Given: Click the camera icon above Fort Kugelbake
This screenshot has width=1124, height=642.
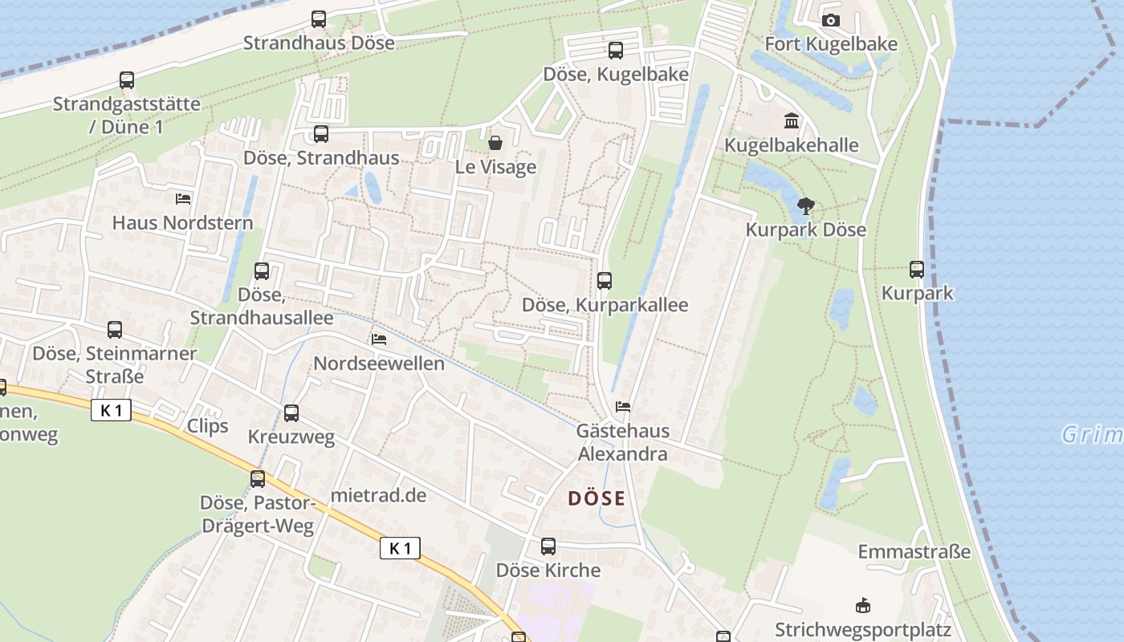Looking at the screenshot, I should (x=831, y=21).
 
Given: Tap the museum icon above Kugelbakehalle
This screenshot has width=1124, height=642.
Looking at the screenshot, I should (x=792, y=121).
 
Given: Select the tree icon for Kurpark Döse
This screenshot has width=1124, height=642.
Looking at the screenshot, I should (x=805, y=206).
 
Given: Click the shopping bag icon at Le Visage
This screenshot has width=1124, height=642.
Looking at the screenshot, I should (x=495, y=144).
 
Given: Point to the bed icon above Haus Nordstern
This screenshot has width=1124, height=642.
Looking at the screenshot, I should (x=183, y=198).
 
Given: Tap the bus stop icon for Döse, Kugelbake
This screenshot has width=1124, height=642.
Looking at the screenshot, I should (x=616, y=51).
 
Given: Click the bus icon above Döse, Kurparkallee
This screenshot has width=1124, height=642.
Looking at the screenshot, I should (x=605, y=281).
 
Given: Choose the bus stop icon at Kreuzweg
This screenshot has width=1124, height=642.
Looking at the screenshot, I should (x=291, y=413).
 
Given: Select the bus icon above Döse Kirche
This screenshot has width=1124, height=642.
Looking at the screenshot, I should (x=548, y=547).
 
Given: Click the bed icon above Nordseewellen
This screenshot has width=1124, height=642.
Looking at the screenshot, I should (x=379, y=339).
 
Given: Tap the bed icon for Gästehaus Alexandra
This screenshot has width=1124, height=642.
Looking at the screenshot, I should (x=623, y=407).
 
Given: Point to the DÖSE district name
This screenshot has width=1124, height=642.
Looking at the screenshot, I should (x=597, y=498).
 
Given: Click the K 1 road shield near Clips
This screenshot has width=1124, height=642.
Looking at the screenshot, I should (x=111, y=411).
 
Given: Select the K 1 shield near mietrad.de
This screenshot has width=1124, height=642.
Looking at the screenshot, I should (x=400, y=548).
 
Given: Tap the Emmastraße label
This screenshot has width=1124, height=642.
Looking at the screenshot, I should (x=914, y=552).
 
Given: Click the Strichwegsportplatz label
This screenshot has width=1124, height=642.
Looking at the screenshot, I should (x=862, y=630).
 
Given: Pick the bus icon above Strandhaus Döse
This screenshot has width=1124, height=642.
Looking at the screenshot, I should (x=319, y=19).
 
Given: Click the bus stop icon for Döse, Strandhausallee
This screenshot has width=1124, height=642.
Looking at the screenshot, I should (x=262, y=271).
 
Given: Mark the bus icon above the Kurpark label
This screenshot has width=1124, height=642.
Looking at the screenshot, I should (x=917, y=270).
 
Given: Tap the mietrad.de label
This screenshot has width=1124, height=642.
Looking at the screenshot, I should (x=378, y=494).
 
